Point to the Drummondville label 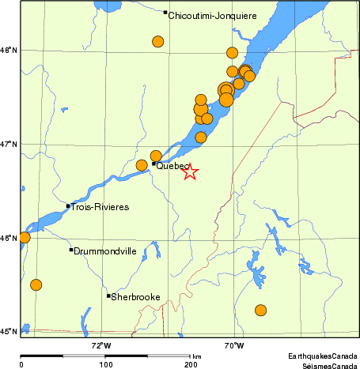click(105, 251)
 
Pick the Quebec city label click(172, 167)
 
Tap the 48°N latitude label click(8, 51)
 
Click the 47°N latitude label click(8, 144)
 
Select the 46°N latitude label click(8, 238)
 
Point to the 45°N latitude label click(8, 332)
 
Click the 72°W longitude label click(101, 345)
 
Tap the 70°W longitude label click(233, 345)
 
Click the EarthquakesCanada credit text click(322, 356)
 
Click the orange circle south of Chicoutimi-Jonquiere click(158, 42)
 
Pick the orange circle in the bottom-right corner click(260, 311)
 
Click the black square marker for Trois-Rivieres click(68, 206)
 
